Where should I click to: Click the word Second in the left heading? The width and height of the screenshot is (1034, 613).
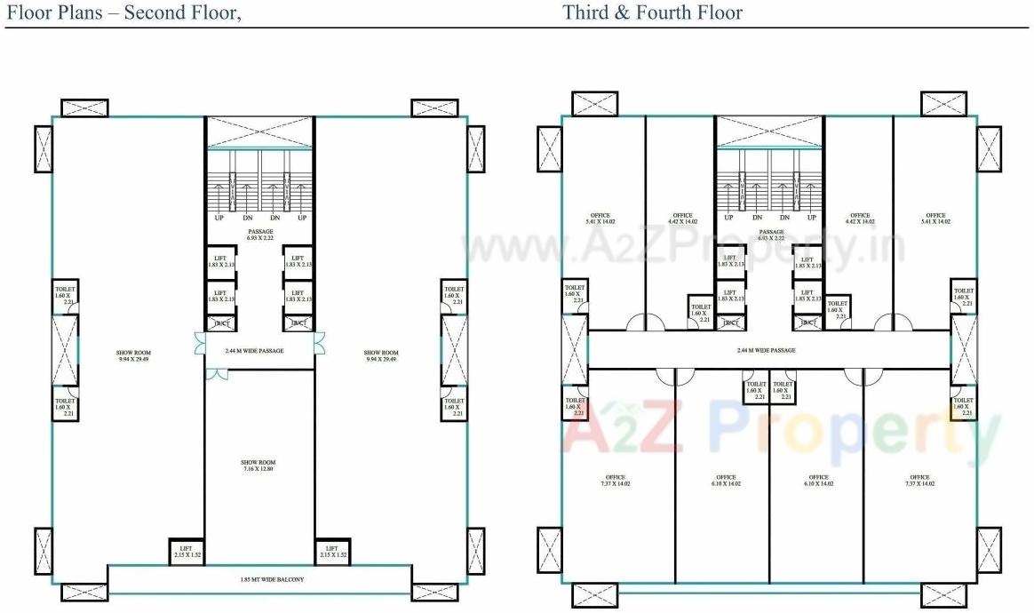(155, 12)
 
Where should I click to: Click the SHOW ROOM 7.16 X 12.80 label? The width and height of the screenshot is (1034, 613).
(258, 466)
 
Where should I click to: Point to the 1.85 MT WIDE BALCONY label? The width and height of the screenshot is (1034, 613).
(259, 580)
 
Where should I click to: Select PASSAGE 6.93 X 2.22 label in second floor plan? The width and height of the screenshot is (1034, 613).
(260, 235)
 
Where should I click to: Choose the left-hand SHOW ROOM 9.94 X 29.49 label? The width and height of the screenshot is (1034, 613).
(128, 355)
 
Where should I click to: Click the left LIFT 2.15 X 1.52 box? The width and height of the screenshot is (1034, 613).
(187, 552)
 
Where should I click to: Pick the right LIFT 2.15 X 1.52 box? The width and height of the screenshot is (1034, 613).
(331, 552)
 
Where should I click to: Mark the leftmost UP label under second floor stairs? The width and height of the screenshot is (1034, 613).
(219, 218)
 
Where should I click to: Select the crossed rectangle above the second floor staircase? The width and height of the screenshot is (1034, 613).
(259, 132)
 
